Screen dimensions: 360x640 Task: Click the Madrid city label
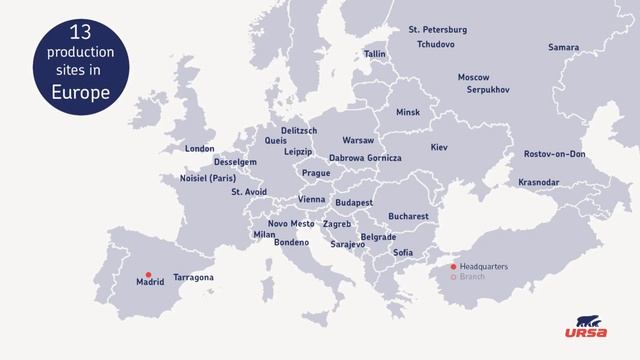(149, 283)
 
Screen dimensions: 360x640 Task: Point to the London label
(199, 149)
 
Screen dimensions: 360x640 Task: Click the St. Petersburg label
(438, 30)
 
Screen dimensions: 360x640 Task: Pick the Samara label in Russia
(563, 47)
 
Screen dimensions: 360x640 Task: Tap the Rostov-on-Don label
(554, 154)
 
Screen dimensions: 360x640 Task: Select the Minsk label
(408, 112)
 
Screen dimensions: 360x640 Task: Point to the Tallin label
(375, 54)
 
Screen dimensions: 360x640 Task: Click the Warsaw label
(358, 140)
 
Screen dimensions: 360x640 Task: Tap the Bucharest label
(408, 216)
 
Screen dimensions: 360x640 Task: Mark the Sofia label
(403, 252)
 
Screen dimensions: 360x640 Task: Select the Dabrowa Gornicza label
(365, 158)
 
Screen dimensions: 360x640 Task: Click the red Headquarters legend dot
(453, 267)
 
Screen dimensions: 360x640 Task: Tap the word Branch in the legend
(472, 277)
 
